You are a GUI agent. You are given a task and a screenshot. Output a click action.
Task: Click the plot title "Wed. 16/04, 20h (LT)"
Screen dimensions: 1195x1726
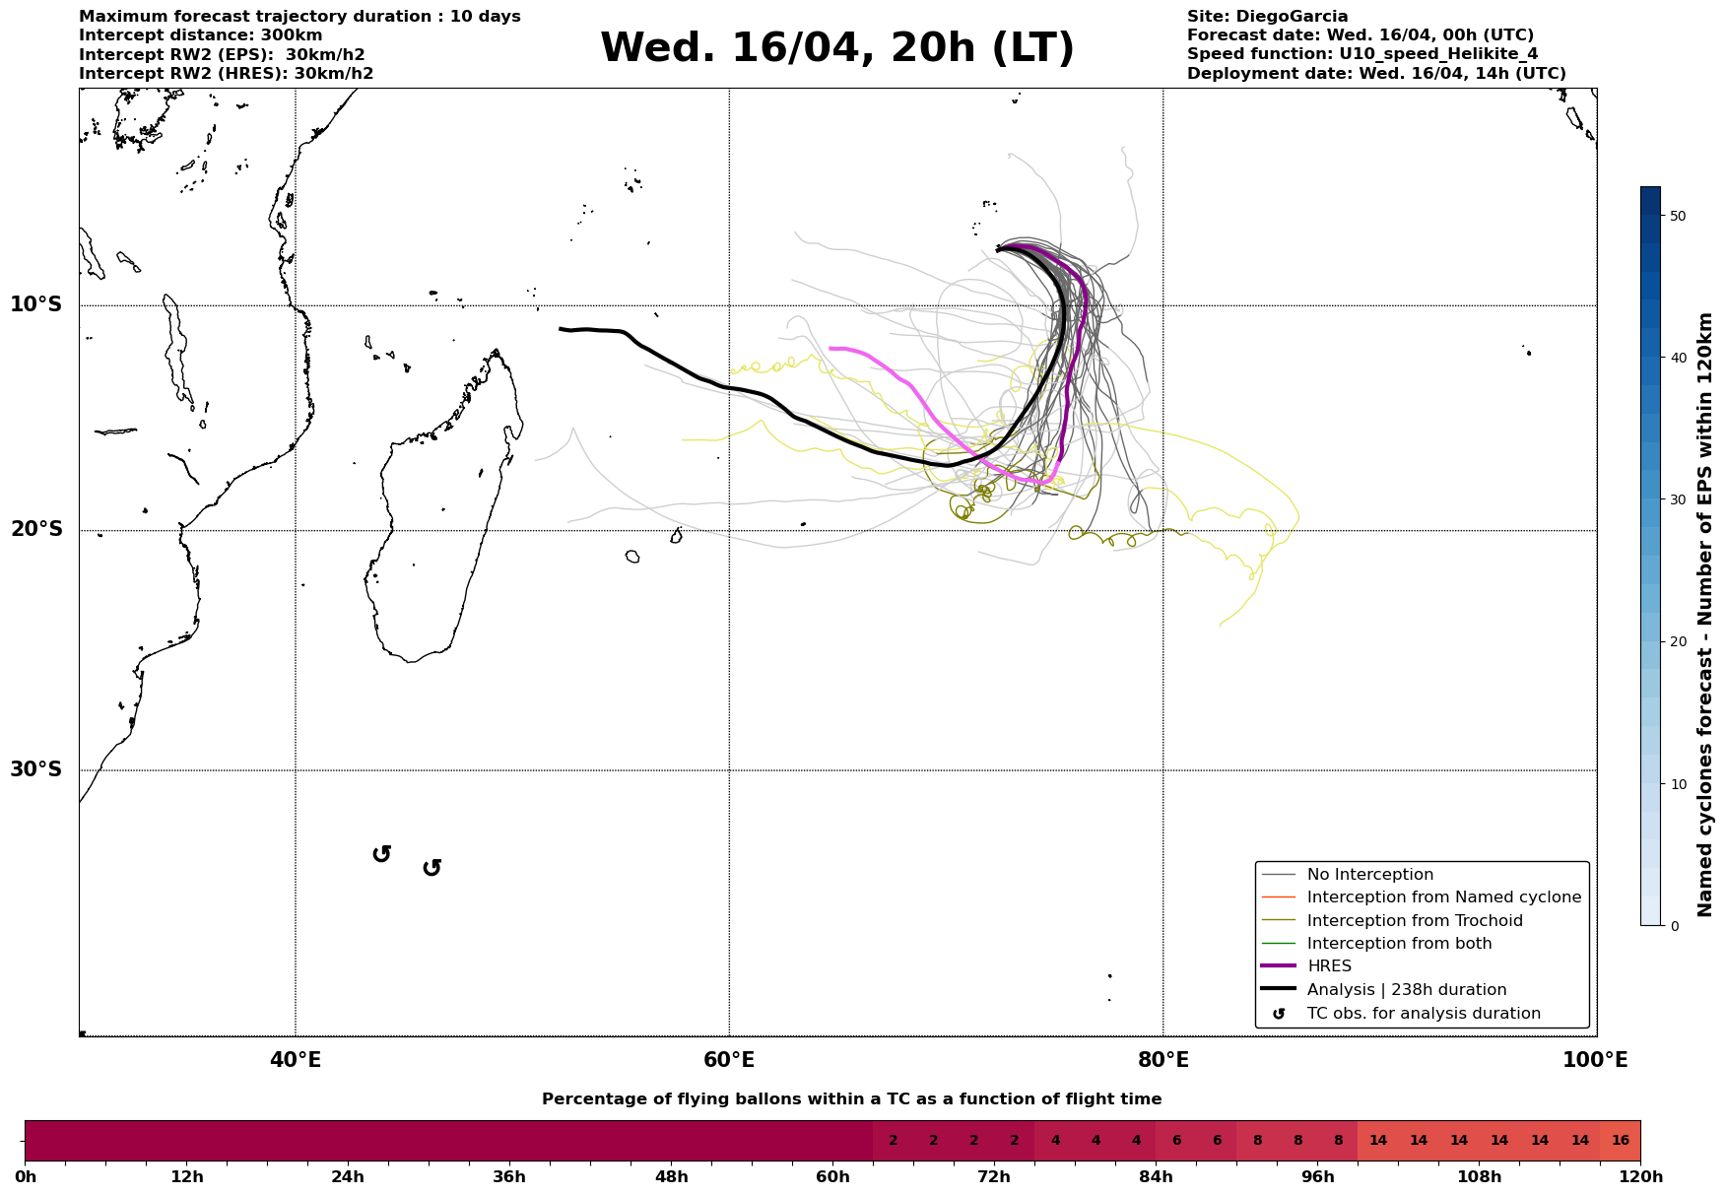[836, 48]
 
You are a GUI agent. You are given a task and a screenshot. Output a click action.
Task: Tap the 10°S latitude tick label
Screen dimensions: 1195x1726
[36, 304]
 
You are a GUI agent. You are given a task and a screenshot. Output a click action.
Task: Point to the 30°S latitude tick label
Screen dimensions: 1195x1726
[36, 769]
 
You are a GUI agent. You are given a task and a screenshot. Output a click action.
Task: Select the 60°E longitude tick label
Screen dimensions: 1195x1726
[729, 1060]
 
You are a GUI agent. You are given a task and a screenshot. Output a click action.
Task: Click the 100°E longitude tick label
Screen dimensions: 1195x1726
[1595, 1060]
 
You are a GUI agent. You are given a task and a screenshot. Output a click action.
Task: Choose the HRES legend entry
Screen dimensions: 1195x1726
[1329, 966]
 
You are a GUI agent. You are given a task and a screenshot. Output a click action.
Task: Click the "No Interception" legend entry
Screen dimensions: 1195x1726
[1369, 875]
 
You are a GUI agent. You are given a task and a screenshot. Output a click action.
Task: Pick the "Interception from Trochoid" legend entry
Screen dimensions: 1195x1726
[1414, 921]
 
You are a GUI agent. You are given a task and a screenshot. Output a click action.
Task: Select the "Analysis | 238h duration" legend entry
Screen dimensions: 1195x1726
[1406, 990]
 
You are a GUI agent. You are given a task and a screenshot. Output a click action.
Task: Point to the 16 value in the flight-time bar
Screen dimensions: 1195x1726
[1620, 1141]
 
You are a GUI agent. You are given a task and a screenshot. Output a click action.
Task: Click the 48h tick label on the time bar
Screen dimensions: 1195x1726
[671, 1177]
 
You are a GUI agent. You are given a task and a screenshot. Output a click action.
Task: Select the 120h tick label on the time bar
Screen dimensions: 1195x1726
[1639, 1177]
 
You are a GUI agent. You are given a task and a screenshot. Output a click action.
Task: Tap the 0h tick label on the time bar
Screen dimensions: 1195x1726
[26, 1177]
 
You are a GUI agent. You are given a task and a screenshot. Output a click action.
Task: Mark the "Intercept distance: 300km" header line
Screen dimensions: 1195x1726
[200, 35]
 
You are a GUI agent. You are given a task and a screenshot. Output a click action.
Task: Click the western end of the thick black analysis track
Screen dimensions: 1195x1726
[561, 329]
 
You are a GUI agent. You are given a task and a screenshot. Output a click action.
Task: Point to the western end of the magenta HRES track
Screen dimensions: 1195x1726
[831, 348]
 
